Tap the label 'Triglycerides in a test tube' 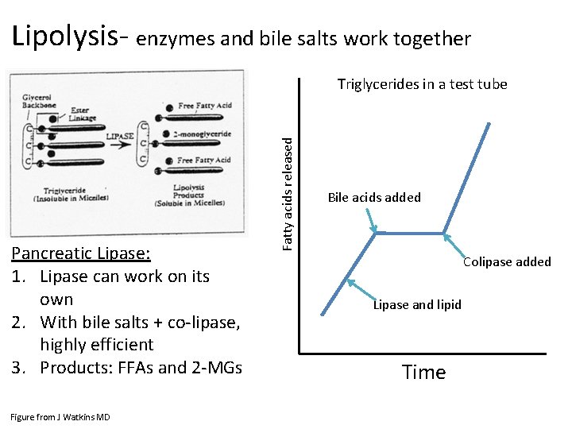[x=422, y=84]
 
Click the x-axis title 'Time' [x=423, y=372]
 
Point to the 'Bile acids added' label [x=374, y=198]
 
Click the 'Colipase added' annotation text [x=507, y=261]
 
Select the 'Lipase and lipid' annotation [x=417, y=304]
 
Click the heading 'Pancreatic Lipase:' [x=80, y=253]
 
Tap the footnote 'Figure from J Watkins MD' [x=60, y=417]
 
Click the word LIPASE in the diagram [x=121, y=136]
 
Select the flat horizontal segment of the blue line [x=409, y=234]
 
